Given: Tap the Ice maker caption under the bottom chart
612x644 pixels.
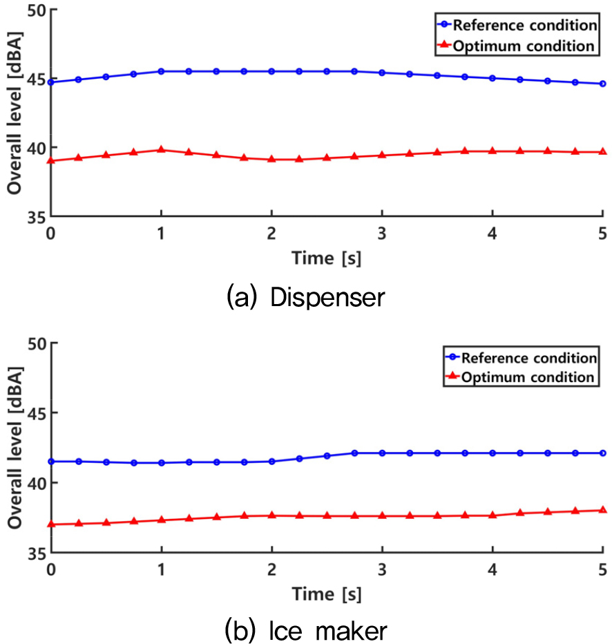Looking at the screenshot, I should pos(306,629).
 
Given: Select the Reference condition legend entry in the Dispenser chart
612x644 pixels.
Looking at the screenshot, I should pos(525,26).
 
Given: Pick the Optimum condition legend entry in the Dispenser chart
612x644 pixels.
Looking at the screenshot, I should pos(523,46).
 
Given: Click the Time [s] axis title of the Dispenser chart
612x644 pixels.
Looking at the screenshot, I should pos(327,258).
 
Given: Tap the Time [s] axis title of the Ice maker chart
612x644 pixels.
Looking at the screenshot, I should pos(327,594).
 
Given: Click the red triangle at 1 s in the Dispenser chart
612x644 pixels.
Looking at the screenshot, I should pos(161,149).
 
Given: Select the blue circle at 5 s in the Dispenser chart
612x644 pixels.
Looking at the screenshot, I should pos(603,84).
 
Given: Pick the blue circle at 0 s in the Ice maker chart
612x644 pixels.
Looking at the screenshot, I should pos(51,461).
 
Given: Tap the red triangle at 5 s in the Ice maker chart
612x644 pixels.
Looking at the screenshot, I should pos(603,510).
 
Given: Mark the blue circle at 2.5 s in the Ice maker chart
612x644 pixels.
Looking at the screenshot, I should pos(327,456).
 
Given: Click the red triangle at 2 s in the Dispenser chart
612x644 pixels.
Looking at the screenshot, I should pos(271,158).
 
